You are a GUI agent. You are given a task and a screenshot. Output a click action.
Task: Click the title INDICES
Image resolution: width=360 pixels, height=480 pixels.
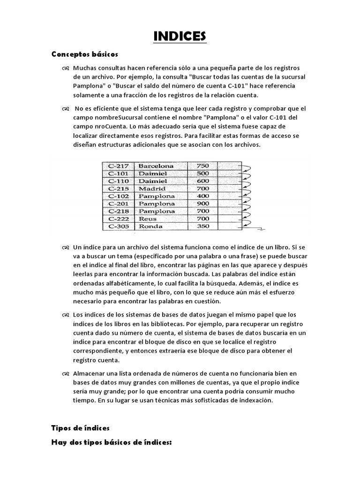(x=180, y=36)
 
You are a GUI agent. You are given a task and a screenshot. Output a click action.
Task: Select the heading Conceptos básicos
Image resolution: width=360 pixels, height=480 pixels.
(x=84, y=54)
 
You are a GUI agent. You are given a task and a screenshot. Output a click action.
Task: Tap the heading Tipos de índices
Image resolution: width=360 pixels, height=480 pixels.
(x=80, y=427)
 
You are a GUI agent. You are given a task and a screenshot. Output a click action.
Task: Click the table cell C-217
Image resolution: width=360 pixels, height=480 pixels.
(x=118, y=166)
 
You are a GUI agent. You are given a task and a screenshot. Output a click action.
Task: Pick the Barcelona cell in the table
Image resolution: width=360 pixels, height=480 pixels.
(x=156, y=166)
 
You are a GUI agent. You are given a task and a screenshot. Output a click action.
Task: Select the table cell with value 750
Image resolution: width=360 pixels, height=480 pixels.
(x=202, y=166)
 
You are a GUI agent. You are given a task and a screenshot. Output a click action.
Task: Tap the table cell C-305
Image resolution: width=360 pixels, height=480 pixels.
(x=118, y=226)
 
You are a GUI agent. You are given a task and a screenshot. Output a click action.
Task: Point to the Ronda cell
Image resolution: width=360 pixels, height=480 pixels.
(x=150, y=226)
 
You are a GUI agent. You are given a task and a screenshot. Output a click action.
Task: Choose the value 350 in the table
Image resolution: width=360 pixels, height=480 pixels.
(x=202, y=226)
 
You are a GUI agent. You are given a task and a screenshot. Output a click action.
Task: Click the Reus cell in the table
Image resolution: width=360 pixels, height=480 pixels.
(x=147, y=218)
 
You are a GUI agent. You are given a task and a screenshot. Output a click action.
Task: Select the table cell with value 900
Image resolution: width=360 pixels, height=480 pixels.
(x=202, y=203)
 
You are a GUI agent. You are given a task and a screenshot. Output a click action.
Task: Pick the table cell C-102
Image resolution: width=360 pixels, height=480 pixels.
(x=118, y=196)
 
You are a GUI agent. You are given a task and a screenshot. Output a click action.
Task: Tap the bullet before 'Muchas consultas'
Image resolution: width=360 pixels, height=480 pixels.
(x=65, y=69)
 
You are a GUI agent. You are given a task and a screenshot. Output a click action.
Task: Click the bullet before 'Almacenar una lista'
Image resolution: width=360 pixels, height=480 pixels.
(x=65, y=374)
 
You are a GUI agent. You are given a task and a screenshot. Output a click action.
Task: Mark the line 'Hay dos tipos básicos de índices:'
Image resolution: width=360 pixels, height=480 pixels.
(x=112, y=442)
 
